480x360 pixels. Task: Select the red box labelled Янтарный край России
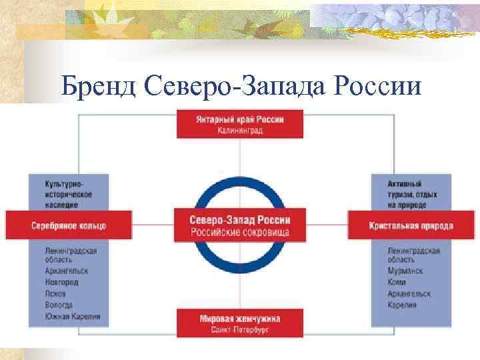(x=240, y=125)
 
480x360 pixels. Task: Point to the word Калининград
(x=240, y=131)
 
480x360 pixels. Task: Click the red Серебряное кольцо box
(x=68, y=225)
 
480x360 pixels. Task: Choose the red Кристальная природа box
(x=411, y=225)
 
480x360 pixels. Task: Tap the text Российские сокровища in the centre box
(x=240, y=231)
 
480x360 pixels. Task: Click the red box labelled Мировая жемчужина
(x=240, y=323)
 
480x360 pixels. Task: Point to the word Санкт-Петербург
(x=240, y=329)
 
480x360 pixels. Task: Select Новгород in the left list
(x=61, y=282)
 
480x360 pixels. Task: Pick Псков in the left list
(x=55, y=293)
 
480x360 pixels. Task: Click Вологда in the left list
(x=59, y=305)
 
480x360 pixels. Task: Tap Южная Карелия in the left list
(x=73, y=316)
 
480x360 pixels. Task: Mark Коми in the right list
(x=397, y=282)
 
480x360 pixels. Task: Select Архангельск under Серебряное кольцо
(x=67, y=271)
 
